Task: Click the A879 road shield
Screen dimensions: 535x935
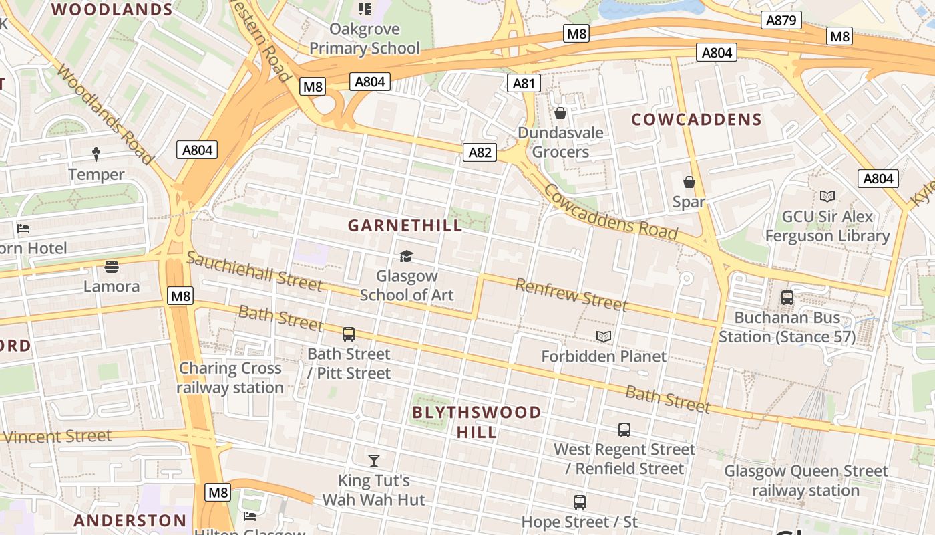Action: click(x=781, y=20)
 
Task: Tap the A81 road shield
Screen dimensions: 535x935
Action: click(x=524, y=83)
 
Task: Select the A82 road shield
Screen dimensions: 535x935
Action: click(x=480, y=152)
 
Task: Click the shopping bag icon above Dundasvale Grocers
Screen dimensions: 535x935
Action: click(x=560, y=113)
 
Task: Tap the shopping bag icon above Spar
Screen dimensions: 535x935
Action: click(x=689, y=182)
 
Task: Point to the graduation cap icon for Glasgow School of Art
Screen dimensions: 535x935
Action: click(x=405, y=256)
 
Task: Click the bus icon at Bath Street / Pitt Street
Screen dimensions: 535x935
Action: click(x=349, y=334)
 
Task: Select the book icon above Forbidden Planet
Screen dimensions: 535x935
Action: click(x=604, y=337)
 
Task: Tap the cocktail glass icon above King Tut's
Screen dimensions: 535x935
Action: click(x=374, y=461)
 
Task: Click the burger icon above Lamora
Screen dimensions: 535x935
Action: click(x=112, y=267)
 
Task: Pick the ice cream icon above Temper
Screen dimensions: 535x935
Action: click(x=96, y=154)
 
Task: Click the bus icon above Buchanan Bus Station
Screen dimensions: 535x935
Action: click(x=787, y=298)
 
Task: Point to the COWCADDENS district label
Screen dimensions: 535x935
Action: click(x=697, y=120)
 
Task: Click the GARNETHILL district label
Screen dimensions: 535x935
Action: click(x=405, y=225)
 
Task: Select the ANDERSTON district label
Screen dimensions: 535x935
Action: click(x=130, y=520)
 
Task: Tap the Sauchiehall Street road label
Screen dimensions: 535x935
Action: click(x=254, y=271)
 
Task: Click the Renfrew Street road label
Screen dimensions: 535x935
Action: click(x=571, y=295)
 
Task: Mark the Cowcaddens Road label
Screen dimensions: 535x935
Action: click(x=610, y=212)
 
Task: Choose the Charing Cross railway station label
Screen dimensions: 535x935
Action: click(x=230, y=378)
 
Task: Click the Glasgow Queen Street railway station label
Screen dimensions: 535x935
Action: click(x=806, y=481)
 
